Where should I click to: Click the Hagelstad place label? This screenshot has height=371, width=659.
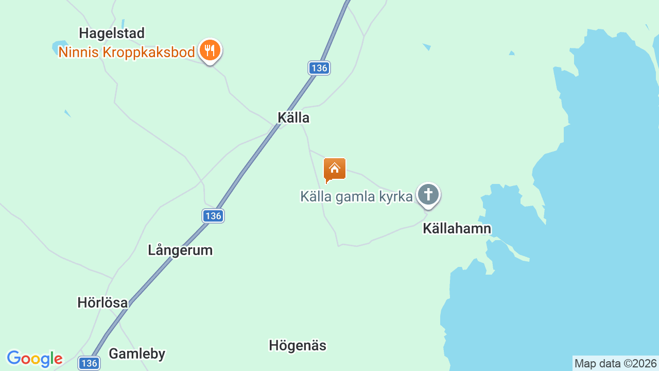pos(112,33)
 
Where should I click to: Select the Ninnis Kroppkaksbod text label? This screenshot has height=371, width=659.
pos(127,52)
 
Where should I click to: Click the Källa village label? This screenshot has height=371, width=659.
pos(293,118)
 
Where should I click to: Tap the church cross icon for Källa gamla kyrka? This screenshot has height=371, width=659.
pos(428,195)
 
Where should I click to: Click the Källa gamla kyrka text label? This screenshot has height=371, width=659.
pos(356,196)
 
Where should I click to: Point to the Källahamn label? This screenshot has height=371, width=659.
pos(457,228)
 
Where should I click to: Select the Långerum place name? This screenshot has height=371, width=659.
pos(180,250)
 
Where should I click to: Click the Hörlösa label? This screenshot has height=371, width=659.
pos(102,302)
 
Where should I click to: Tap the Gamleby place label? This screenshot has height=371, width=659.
pos(137,354)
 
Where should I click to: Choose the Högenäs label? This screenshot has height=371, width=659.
pos(298,345)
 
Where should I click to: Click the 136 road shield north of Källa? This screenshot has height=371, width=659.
pos(319,68)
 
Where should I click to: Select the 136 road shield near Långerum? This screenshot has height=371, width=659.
pos(213,216)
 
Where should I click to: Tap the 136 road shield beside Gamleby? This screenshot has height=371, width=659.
pos(89,363)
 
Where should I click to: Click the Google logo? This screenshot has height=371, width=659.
pos(34,359)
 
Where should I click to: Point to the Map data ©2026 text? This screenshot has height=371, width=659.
pos(615,364)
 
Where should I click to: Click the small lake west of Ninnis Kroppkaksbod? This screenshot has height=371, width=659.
pos(58,47)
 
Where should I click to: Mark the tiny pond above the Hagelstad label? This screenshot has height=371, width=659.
pos(123,24)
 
